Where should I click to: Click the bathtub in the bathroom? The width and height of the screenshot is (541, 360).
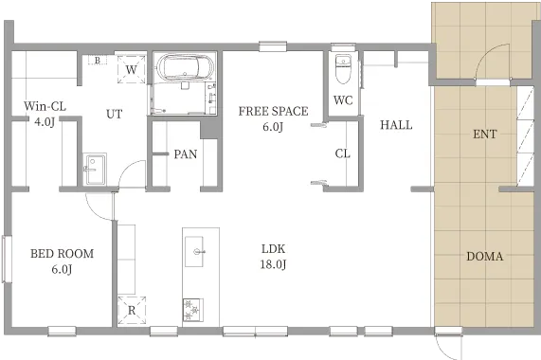click(x=185, y=67)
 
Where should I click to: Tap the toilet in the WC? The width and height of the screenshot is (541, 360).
click(x=343, y=69)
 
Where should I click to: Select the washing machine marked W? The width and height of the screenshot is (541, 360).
click(x=131, y=69)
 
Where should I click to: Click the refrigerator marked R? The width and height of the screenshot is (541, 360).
click(x=132, y=311)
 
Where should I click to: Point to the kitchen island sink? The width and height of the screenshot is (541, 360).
click(x=194, y=251)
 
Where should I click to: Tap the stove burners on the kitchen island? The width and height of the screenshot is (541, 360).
click(x=192, y=310)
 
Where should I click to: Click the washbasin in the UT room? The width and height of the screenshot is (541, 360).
click(x=95, y=169)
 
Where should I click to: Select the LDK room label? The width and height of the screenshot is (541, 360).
click(x=273, y=256)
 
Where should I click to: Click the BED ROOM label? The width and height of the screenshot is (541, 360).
click(x=63, y=261)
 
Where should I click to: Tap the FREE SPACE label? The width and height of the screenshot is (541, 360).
click(x=273, y=118)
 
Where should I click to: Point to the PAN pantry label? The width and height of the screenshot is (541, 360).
click(x=186, y=154)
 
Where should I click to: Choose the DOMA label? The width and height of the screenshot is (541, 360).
click(x=485, y=256)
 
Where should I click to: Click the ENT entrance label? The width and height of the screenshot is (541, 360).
click(x=485, y=134)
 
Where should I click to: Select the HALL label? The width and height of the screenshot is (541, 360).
click(x=396, y=125)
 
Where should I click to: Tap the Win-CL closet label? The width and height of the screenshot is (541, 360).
click(x=45, y=114)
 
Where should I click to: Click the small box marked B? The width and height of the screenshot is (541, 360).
click(x=98, y=61)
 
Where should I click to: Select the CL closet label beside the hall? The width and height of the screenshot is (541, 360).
click(x=343, y=153)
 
